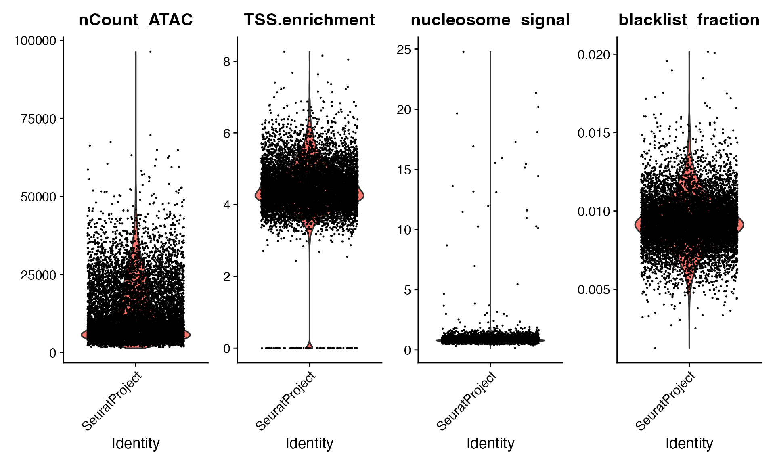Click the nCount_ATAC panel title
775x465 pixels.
136,20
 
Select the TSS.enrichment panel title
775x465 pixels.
309,20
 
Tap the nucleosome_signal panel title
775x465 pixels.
490,20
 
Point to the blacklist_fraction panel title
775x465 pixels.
689,20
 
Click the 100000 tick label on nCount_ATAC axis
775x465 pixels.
35,41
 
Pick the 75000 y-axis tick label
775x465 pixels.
38,119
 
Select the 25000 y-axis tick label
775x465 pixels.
38,275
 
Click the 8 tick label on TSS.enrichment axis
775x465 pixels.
226,62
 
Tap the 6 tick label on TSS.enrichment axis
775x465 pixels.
226,134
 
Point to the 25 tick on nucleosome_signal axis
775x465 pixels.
404,50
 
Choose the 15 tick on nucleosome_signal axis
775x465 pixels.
404,170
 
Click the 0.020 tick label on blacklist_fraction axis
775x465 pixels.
593,55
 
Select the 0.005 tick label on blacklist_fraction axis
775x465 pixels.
593,290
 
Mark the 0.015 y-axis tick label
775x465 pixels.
593,133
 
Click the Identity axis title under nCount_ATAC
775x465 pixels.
136,444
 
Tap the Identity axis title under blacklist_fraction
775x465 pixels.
689,444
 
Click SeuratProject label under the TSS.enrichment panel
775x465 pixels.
286,401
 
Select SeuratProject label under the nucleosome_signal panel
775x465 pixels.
467,401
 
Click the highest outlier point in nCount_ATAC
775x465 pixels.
151,52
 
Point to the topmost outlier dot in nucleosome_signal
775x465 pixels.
463,52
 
